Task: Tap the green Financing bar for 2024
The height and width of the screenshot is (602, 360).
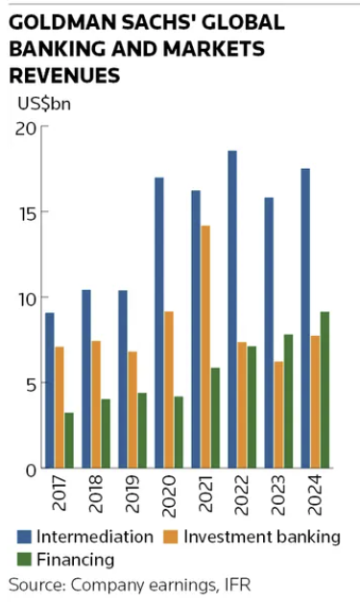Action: [324, 390]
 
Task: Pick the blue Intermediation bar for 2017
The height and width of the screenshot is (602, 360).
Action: [50, 390]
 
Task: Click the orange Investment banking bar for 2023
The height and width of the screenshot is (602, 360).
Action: [278, 414]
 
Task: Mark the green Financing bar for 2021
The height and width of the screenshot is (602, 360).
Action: [215, 418]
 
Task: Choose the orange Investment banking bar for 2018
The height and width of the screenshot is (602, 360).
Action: [96, 404]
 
